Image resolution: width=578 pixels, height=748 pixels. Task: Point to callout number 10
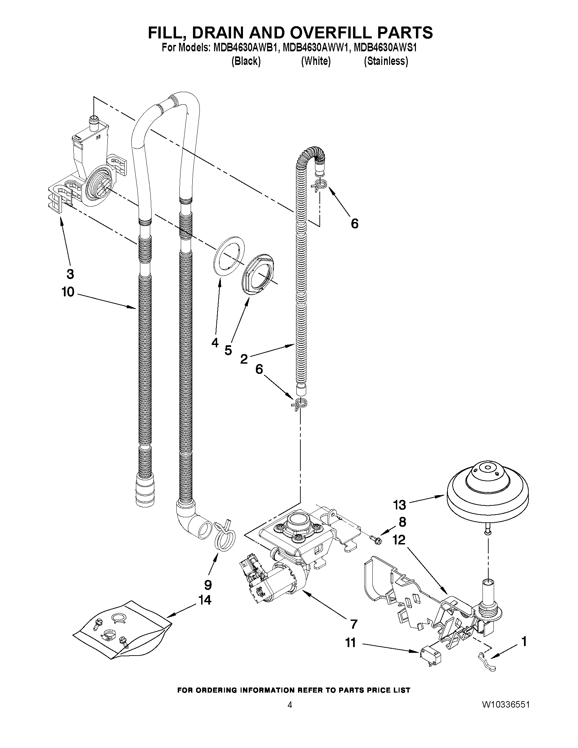[68, 292]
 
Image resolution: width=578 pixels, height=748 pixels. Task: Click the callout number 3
[70, 274]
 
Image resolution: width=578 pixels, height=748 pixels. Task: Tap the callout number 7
[353, 624]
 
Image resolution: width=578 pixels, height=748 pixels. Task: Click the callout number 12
[399, 540]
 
